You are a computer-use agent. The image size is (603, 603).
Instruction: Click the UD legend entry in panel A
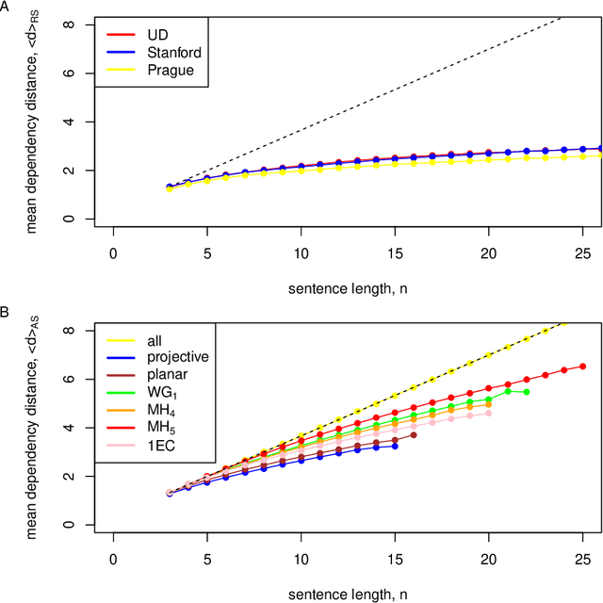[x=156, y=34]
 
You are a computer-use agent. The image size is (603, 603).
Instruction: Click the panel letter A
[x=7, y=6]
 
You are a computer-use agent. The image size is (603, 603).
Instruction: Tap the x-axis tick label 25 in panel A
[x=581, y=253]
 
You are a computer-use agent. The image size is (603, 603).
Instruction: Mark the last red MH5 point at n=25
[x=582, y=367]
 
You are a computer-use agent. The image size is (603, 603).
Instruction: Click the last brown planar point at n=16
[x=414, y=434]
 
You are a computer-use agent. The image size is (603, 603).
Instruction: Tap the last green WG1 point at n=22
[x=526, y=392]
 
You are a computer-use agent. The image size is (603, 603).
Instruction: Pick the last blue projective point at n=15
[x=395, y=446]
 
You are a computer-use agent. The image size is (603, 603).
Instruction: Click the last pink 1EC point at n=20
[x=488, y=413]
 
